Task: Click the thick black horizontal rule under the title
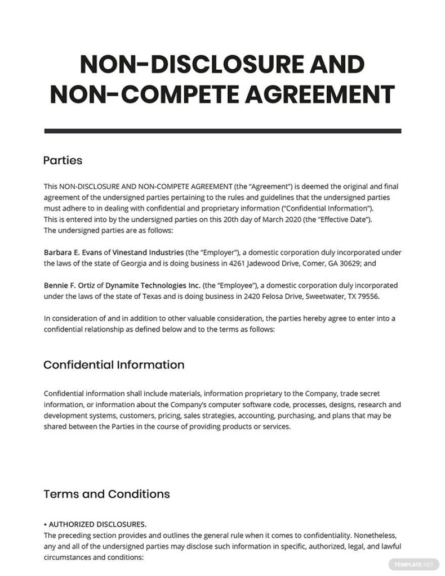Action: pyautogui.click(x=222, y=131)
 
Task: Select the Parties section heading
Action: pyautogui.click(x=63, y=160)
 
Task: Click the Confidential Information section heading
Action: pyautogui.click(x=114, y=364)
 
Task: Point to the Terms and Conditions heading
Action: pyautogui.click(x=106, y=494)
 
